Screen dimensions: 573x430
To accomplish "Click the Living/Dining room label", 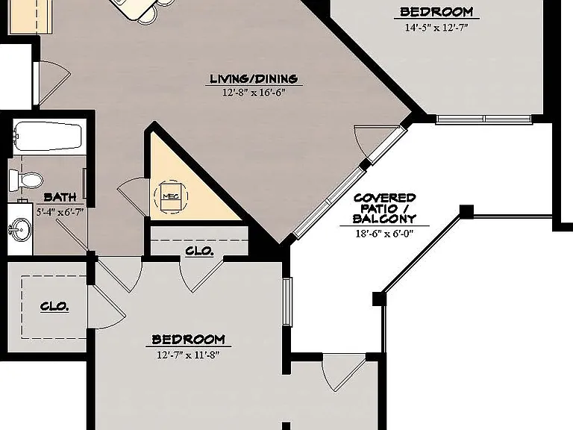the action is point(254,78).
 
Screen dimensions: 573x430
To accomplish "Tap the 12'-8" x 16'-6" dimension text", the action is point(254,93).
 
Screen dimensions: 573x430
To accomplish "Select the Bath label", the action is point(60,197).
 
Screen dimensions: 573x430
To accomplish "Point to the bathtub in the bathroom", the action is point(48,136).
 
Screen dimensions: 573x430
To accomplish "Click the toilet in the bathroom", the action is point(25,180).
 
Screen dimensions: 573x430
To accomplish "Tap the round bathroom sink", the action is point(20,230).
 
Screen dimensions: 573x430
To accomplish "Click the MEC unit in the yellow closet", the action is point(171,196).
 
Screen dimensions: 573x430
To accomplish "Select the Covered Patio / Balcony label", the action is point(384,208).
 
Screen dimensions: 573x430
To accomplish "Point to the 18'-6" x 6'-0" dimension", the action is point(384,233).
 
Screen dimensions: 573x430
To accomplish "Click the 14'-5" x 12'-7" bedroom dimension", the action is point(436,28).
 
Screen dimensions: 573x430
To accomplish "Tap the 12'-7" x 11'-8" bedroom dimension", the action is point(188,355).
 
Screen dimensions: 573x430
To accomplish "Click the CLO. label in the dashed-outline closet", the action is point(54,306).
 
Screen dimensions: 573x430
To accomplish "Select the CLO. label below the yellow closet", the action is point(199,251).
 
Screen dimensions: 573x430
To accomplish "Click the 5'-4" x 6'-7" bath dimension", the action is point(60,211).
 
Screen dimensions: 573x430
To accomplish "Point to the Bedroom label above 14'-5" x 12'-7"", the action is point(436,12).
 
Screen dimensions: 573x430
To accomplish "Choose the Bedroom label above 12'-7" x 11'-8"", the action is point(188,340).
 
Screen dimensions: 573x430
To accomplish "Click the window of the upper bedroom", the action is point(483,119).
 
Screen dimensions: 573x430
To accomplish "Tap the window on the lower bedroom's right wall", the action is point(287,302).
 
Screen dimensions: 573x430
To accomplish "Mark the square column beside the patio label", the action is point(466,212).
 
